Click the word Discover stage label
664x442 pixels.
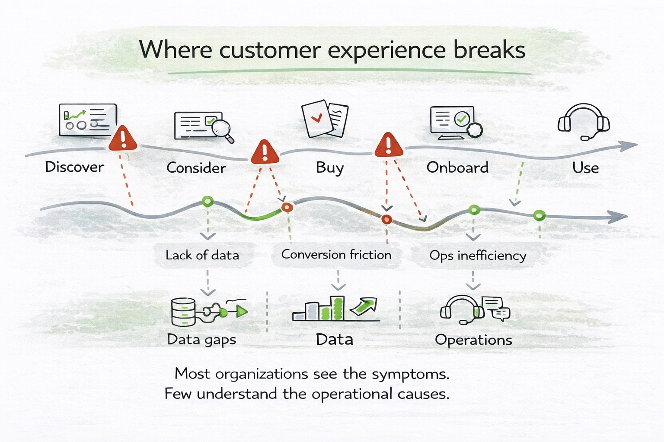coord(74,167)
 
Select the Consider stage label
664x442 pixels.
coord(196,167)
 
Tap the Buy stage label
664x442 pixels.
coord(329,167)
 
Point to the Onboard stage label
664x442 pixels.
coord(457,167)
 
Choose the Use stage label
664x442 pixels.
coord(585,167)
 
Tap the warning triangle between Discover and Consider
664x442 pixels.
coord(123,139)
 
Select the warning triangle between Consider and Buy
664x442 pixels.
coord(265,152)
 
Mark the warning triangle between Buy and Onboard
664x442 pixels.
coord(389,145)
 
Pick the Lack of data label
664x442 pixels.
coord(202,255)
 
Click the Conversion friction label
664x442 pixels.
coord(336,255)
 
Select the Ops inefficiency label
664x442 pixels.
coord(478,256)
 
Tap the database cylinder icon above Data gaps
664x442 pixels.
coord(183,312)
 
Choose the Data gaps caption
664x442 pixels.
coord(201,340)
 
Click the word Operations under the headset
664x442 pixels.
coord(473,340)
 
